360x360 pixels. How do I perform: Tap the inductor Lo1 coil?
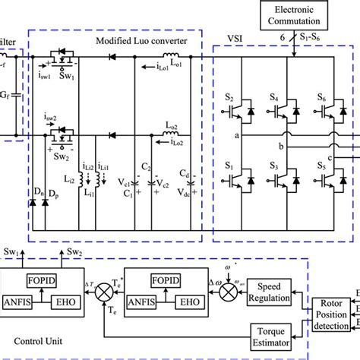[x=172, y=55]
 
